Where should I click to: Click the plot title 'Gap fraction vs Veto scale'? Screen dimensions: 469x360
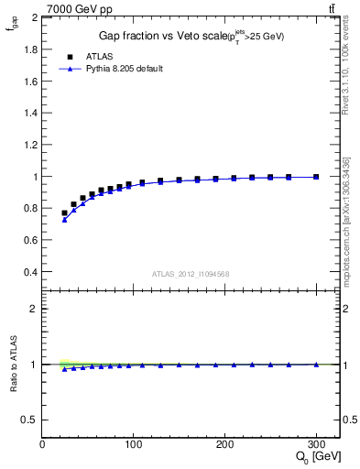[158, 37]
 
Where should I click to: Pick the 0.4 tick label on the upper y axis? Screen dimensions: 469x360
[29, 273]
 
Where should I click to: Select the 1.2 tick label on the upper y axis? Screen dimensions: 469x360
[29, 145]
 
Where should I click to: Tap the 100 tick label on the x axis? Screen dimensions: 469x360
[134, 444]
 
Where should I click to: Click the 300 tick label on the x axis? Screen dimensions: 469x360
[317, 444]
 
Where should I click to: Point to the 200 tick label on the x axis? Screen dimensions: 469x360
[225, 444]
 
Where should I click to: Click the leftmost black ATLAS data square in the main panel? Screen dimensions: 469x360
[64, 213]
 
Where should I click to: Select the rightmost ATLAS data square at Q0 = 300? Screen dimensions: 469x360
[316, 177]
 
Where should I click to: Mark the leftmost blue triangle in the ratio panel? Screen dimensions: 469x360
[64, 368]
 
